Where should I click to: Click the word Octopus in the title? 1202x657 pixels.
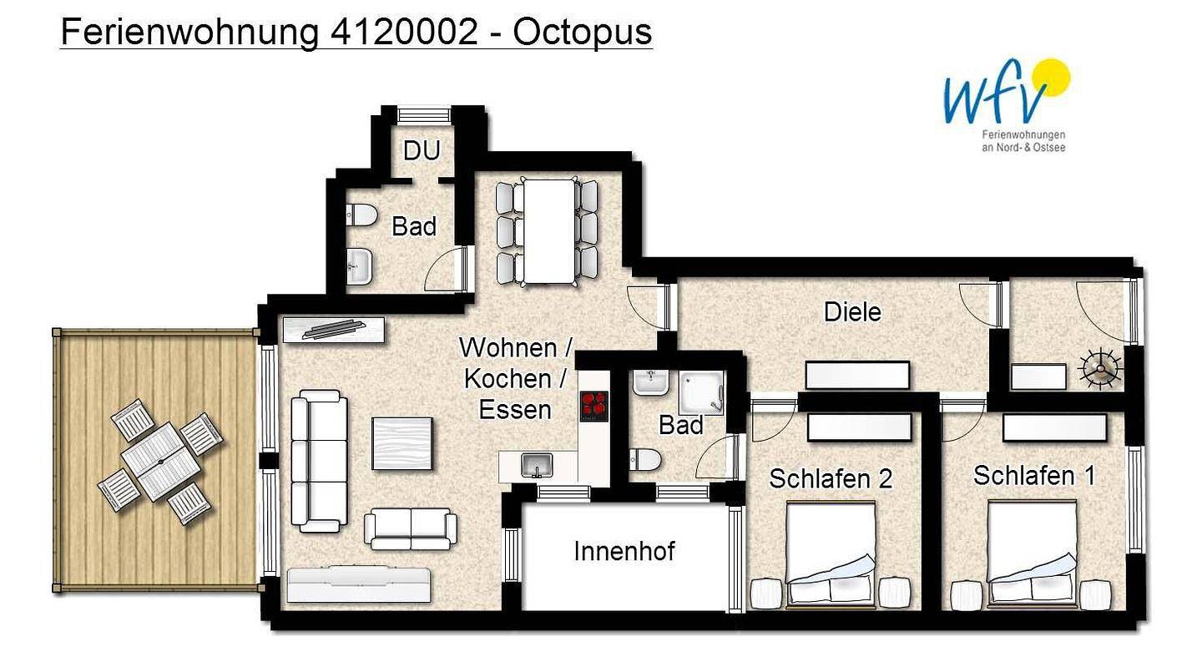point(583,33)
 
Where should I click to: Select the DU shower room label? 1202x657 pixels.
point(422,151)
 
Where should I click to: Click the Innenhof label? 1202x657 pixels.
point(624,551)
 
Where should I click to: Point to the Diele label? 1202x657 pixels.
point(852,312)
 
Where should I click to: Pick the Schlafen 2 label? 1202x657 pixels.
point(830,479)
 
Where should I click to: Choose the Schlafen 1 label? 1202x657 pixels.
point(1034,476)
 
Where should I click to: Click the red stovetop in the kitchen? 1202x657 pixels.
point(594,406)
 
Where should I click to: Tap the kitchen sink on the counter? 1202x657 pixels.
point(537,465)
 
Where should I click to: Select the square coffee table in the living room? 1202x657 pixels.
point(402,444)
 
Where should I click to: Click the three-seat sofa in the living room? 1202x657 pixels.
point(319,461)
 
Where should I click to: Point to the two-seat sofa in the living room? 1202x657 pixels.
point(411,528)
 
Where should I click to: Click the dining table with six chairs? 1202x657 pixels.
point(548,231)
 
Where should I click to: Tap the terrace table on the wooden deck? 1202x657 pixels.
point(160,462)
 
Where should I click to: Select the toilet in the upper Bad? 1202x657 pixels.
point(361,215)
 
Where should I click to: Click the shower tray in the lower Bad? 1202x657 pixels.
point(701,392)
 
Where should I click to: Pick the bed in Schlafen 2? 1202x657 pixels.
point(831,555)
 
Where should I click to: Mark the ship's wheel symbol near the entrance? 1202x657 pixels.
point(1099,369)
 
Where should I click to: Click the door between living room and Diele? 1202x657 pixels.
point(649,306)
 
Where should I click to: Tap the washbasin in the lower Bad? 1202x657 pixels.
point(651,382)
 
